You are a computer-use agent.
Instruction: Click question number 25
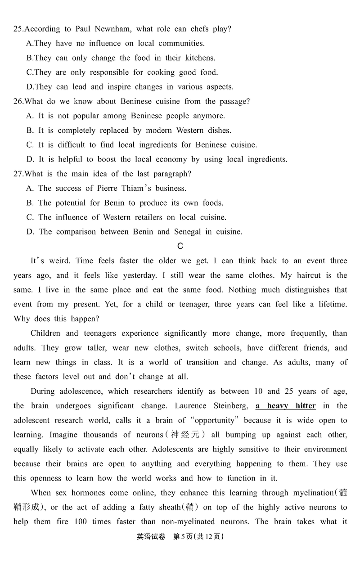[18, 29]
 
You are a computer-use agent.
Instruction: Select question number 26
[18, 101]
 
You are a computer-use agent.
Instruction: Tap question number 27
[18, 174]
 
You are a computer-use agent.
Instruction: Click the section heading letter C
[180, 246]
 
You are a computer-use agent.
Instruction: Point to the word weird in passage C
[56, 261]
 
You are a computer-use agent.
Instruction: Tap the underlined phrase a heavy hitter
[285, 406]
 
